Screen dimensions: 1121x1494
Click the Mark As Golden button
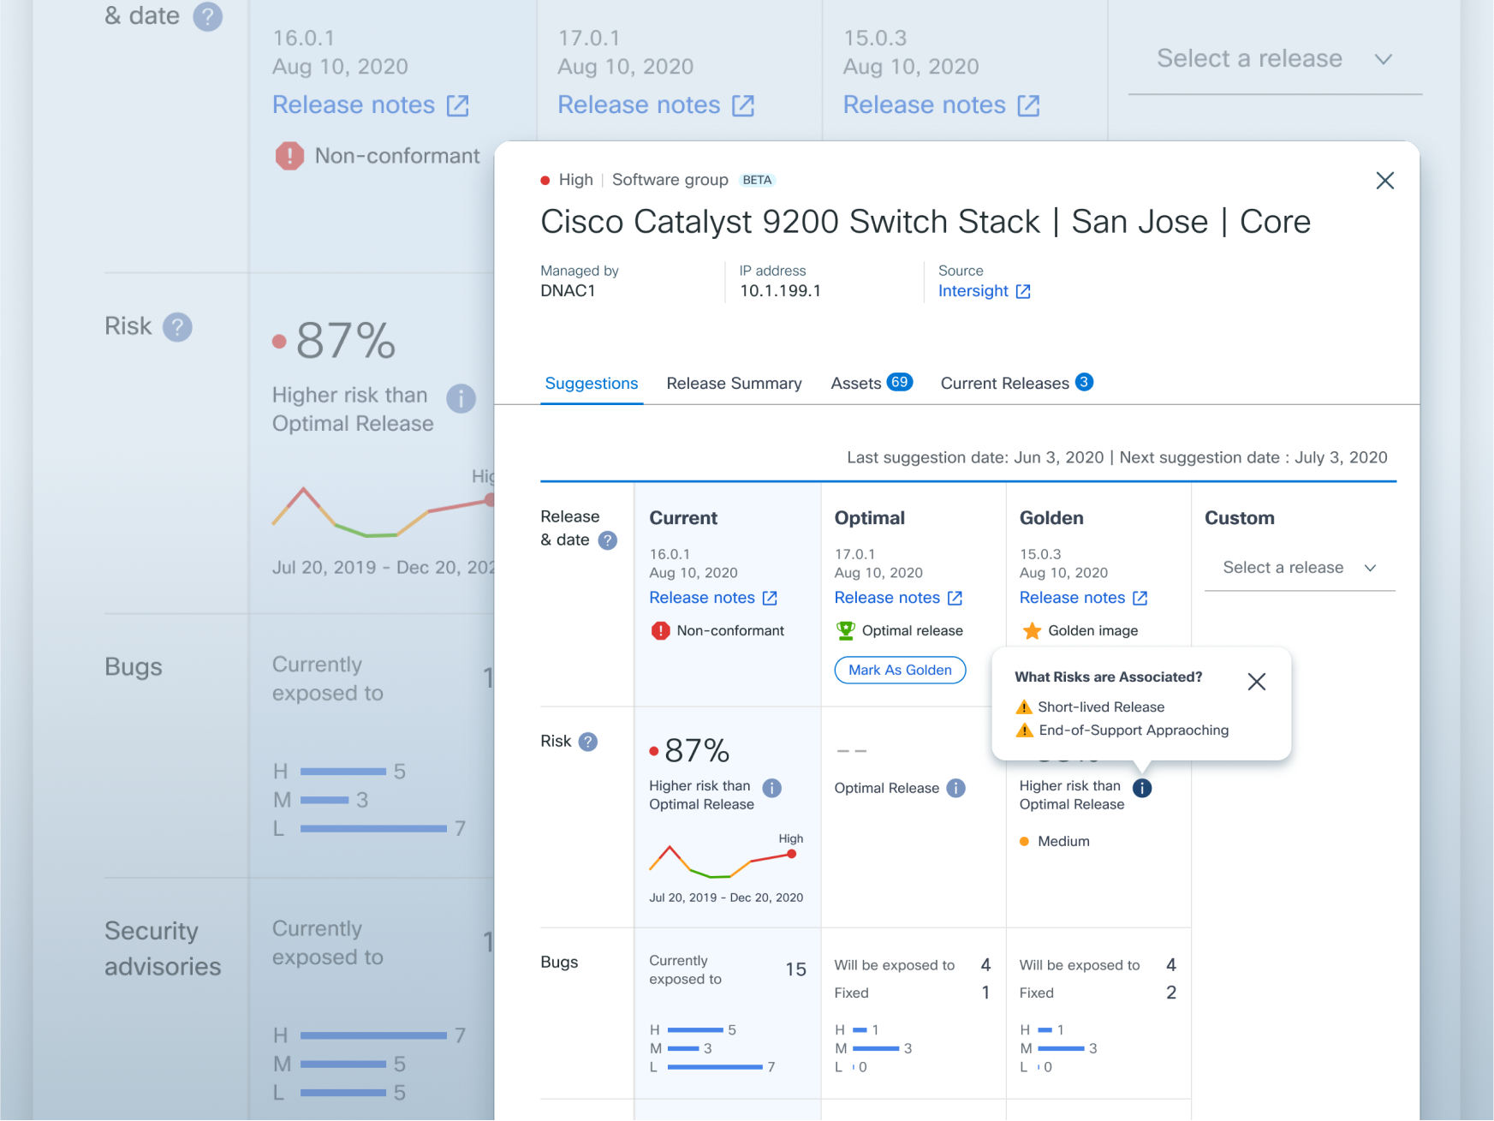tap(900, 670)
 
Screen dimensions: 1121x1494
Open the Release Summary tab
tap(734, 383)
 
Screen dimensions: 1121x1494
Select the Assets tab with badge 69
tap(871, 383)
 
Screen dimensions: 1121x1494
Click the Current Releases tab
tap(1015, 383)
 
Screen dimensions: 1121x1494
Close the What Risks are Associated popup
tap(1256, 682)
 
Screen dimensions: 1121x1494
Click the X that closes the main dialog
tap(1384, 181)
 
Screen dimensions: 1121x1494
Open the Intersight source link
tap(984, 291)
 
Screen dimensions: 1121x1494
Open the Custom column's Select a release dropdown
tap(1299, 568)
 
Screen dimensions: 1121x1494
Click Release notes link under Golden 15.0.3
tap(1082, 598)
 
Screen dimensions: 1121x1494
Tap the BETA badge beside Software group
tap(757, 180)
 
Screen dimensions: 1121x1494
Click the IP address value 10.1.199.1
tap(780, 291)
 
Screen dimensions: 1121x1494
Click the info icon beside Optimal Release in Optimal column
tap(955, 788)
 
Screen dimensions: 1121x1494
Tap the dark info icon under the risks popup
tap(1142, 788)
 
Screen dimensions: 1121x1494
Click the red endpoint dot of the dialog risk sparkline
tap(792, 854)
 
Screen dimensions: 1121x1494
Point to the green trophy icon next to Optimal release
tap(846, 630)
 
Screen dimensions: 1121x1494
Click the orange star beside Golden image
tap(1032, 631)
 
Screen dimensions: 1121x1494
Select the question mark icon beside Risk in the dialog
tap(588, 742)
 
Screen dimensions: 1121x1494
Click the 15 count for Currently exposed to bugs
tap(795, 969)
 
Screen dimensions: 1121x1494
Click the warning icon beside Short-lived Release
tap(1024, 707)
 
